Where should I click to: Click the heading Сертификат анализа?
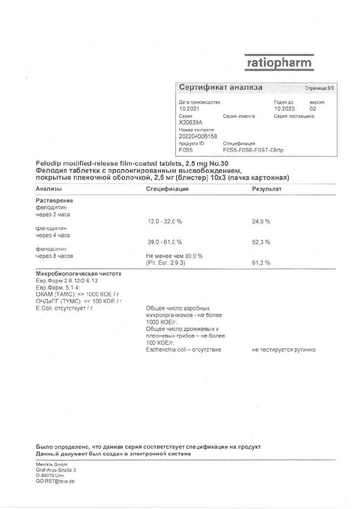(220, 88)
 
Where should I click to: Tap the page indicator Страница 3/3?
(319, 88)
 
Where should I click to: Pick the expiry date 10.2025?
(284, 109)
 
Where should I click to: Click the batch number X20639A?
(191, 122)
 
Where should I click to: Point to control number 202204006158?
(198, 136)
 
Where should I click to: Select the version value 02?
(313, 109)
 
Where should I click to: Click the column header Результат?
(267, 189)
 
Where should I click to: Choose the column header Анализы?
(49, 189)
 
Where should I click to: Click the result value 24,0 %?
(261, 221)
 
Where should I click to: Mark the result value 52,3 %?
(261, 242)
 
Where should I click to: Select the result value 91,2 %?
(261, 263)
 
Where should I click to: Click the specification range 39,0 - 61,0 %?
(165, 242)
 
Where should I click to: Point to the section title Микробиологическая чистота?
(78, 274)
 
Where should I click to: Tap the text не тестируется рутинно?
(284, 350)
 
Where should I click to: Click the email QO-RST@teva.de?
(55, 481)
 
